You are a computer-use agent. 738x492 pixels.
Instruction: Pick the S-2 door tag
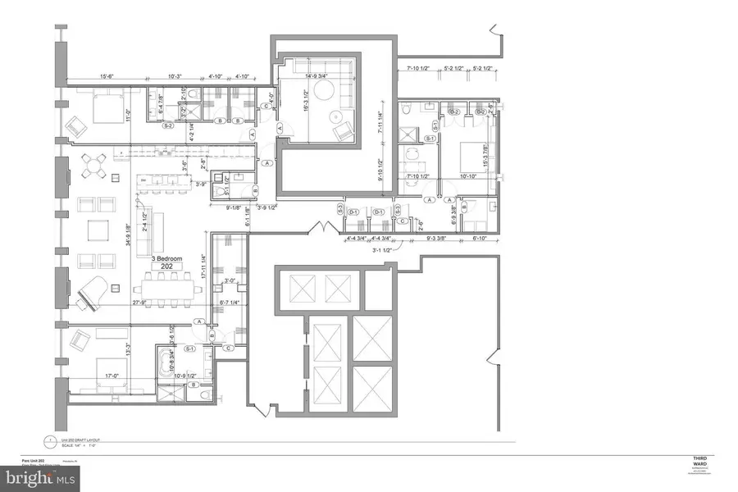coord(167,126)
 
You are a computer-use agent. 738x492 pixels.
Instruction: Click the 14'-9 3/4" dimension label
coord(314,78)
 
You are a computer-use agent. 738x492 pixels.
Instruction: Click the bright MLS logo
coord(41,475)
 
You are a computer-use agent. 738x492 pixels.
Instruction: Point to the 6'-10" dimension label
coord(478,238)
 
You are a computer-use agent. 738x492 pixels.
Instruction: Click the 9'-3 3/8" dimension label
coord(437,238)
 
